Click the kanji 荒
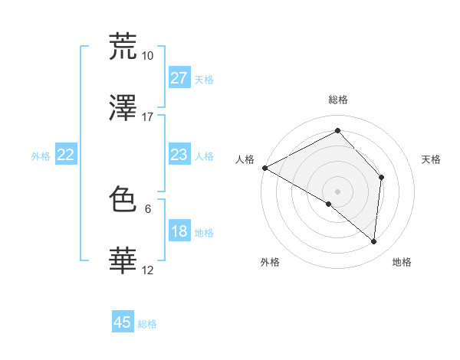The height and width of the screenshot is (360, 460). (x=123, y=47)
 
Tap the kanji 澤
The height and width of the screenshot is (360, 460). (x=123, y=108)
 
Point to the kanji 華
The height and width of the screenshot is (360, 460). (x=123, y=261)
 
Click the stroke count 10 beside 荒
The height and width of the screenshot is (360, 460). (x=147, y=56)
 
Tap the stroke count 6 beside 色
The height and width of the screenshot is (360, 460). (x=147, y=208)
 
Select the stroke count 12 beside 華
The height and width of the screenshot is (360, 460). (x=147, y=270)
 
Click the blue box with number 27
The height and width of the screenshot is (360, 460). (x=179, y=78)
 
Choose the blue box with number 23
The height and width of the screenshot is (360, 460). (x=179, y=155)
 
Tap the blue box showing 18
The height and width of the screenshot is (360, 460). (x=179, y=231)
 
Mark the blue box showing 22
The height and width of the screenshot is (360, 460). (x=66, y=155)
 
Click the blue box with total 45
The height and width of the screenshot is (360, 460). (x=123, y=322)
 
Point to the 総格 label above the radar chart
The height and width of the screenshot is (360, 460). (x=337, y=100)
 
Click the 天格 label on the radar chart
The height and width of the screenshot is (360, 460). (x=431, y=159)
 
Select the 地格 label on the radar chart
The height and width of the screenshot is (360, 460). (x=402, y=263)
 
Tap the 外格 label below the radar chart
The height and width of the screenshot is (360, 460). (x=270, y=263)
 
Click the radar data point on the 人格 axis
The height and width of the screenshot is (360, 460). (x=264, y=168)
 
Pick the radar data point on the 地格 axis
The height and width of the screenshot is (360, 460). (x=373, y=241)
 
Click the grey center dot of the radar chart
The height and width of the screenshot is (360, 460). (x=337, y=191)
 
